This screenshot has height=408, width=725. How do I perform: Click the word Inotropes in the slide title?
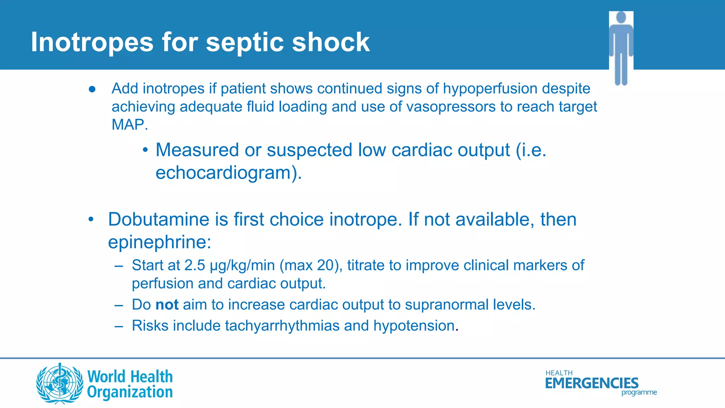tap(92, 42)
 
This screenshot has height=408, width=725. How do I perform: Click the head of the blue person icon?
tap(621, 17)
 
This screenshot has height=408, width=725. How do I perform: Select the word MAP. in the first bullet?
tap(130, 125)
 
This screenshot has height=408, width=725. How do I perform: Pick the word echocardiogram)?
tap(229, 173)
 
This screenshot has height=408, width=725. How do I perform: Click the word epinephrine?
tap(159, 242)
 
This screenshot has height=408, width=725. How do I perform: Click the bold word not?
tap(167, 305)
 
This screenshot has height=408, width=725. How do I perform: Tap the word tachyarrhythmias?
tap(282, 326)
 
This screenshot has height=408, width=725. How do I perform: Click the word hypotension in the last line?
tap(414, 326)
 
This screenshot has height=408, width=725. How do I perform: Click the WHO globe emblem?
tap(59, 383)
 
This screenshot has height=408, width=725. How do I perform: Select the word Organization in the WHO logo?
tap(130, 392)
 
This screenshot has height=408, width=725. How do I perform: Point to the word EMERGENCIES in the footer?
tap(592, 383)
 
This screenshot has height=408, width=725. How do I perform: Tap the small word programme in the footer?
tap(639, 392)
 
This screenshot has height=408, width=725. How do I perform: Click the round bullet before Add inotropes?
tap(92, 89)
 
